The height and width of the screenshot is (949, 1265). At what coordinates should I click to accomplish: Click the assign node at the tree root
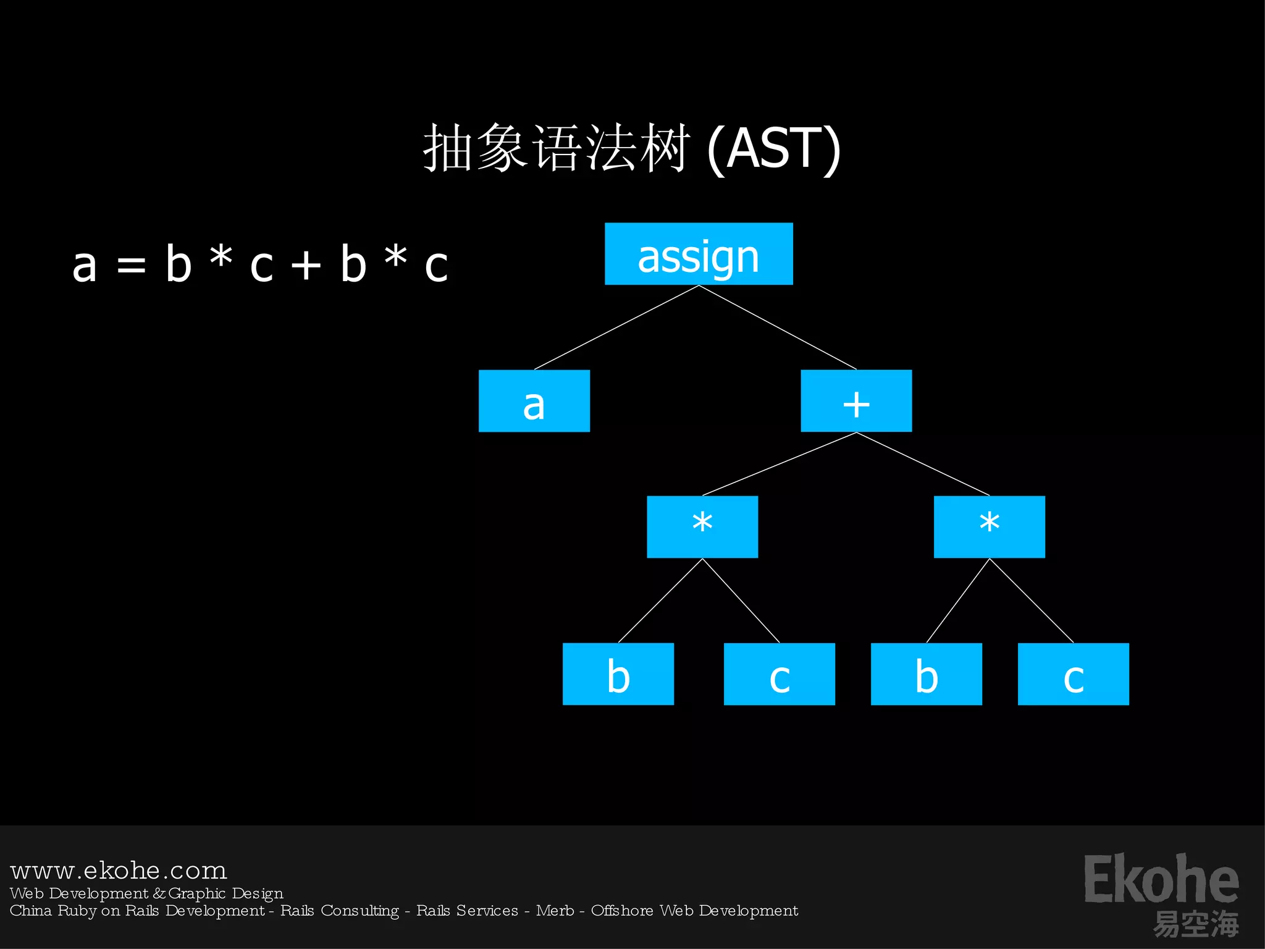tap(699, 254)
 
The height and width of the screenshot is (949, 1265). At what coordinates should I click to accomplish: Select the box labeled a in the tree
tap(534, 401)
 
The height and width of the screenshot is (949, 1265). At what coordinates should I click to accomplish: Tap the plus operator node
tap(856, 401)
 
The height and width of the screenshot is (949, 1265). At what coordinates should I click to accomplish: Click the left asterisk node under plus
tap(702, 527)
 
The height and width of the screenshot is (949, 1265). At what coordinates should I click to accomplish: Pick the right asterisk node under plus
tap(989, 527)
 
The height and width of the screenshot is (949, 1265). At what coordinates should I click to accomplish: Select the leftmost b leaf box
tap(618, 674)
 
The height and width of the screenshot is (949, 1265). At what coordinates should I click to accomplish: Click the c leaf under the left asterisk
tap(779, 674)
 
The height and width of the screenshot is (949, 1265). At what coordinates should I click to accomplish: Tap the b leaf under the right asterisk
tap(926, 674)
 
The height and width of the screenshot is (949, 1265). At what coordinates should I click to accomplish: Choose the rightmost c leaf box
tap(1073, 674)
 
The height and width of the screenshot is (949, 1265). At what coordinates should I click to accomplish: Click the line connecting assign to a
tap(616, 327)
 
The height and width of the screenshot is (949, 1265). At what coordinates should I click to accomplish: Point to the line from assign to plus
tap(778, 327)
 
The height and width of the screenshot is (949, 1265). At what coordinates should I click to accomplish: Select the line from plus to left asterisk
tap(780, 464)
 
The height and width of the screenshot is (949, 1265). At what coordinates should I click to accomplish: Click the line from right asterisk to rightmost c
tap(1032, 601)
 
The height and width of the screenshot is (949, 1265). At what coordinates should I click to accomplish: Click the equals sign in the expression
tap(132, 266)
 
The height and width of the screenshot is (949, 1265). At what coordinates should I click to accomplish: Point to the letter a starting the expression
tap(85, 266)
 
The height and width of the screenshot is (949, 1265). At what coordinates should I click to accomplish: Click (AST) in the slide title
tap(773, 148)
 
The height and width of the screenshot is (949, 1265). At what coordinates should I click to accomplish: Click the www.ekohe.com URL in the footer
tap(119, 871)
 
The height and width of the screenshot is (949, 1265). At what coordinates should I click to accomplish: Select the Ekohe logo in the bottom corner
tap(1161, 890)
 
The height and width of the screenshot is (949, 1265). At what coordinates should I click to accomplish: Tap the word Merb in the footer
tap(555, 911)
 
